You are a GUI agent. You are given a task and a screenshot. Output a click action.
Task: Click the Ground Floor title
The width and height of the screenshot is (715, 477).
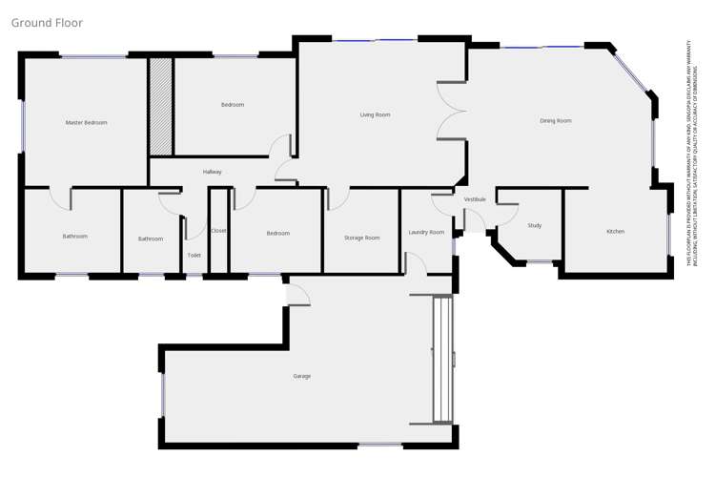pyautogui.click(x=47, y=23)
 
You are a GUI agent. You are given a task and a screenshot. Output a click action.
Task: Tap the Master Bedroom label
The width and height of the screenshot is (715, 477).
pyautogui.click(x=86, y=123)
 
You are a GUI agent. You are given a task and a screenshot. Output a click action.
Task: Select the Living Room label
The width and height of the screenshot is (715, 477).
pyautogui.click(x=375, y=115)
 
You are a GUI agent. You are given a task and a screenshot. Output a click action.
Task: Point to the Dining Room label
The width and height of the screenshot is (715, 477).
pyautogui.click(x=555, y=121)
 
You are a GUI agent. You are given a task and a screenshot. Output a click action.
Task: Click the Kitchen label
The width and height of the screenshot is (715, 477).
pyautogui.click(x=616, y=232)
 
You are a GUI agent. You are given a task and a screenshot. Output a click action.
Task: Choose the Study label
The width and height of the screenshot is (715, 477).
pyautogui.click(x=535, y=226)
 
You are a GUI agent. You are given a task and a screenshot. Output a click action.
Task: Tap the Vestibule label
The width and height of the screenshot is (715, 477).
pyautogui.click(x=475, y=199)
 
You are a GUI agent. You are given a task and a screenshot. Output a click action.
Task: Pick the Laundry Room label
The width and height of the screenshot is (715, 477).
pyautogui.click(x=426, y=233)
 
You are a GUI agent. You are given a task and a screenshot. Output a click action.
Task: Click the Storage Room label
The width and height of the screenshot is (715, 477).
pyautogui.click(x=362, y=238)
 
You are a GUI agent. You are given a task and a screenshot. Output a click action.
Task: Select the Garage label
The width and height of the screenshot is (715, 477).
pyautogui.click(x=301, y=377)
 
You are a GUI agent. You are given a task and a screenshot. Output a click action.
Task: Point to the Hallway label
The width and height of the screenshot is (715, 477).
pyautogui.click(x=212, y=172)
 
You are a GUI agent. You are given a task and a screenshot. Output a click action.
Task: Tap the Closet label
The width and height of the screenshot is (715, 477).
pyautogui.click(x=218, y=231)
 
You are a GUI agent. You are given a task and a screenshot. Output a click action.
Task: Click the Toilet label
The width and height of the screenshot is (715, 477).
pyautogui.click(x=194, y=256)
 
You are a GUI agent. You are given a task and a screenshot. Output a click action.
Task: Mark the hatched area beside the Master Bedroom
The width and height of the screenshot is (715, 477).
pyautogui.click(x=160, y=106)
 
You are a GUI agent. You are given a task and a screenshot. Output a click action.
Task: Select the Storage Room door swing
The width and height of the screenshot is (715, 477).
pyautogui.click(x=337, y=199)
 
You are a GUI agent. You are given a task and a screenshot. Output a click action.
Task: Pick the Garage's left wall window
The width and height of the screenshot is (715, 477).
pyautogui.click(x=162, y=395)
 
